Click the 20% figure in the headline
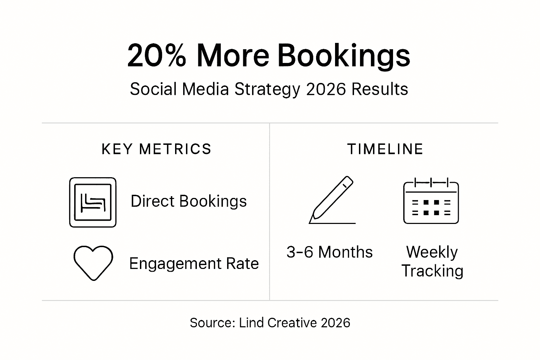[x=156, y=56]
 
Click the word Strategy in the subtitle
[x=267, y=90]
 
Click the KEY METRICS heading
[x=156, y=149]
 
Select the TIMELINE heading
[x=385, y=149]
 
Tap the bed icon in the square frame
[x=93, y=202]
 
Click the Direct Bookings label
[x=188, y=201]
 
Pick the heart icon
[x=93, y=263]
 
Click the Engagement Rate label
[x=194, y=264]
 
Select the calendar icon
[x=431, y=201]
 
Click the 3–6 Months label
[x=329, y=252]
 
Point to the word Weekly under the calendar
[x=432, y=252]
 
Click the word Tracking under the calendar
[x=432, y=271]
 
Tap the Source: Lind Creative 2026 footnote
[x=270, y=322]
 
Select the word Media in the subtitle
[x=206, y=89]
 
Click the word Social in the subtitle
[x=153, y=89]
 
